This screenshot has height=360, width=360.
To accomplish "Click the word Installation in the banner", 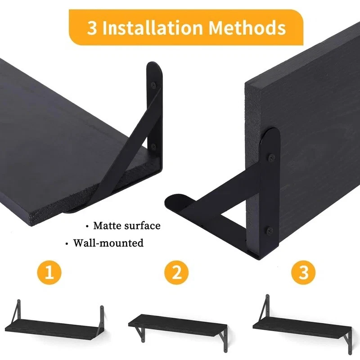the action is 153,28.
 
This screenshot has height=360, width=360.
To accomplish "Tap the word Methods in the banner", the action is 247,28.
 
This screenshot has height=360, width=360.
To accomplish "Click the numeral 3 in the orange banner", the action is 92,28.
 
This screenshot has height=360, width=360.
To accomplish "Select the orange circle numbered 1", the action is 49,273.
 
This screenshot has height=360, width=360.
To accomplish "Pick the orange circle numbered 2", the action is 176,273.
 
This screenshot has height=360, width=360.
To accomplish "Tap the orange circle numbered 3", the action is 303,273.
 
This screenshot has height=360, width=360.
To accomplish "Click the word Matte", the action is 107,226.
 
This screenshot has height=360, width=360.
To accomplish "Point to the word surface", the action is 142,226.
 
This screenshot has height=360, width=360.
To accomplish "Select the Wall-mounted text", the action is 108,243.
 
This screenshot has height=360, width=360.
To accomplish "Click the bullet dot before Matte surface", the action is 87,227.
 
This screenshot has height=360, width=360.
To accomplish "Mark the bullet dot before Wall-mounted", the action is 67,243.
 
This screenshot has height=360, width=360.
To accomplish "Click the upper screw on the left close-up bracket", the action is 153,85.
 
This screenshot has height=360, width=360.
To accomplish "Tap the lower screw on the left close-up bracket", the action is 153,146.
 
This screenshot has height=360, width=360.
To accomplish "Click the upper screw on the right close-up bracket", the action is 271,157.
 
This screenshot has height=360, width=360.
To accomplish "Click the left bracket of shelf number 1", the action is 16,310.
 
